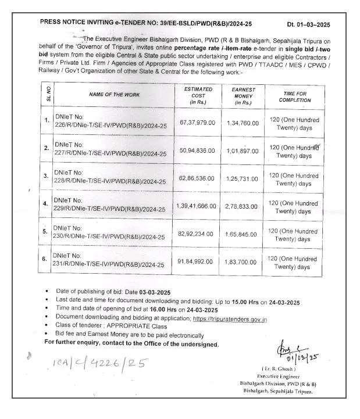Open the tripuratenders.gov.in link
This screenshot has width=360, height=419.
(x=230, y=320)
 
